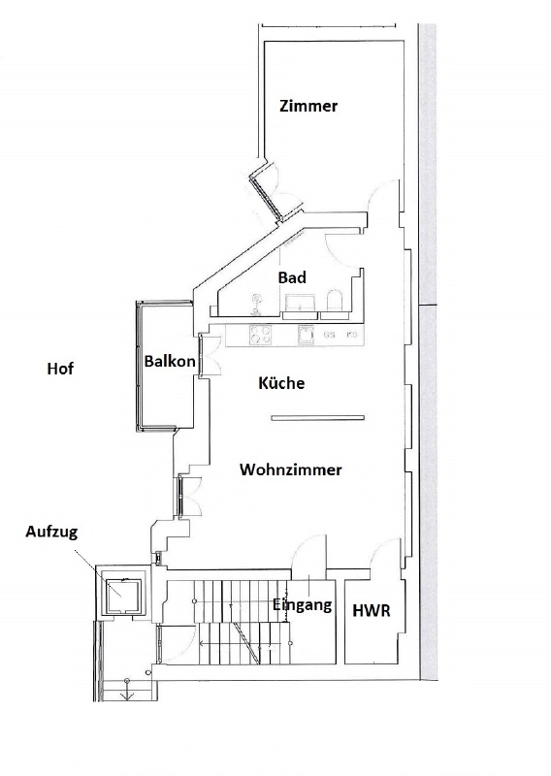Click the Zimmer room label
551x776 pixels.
308,106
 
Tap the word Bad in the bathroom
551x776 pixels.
292,277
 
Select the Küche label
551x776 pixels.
281,382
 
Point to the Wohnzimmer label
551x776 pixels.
291,469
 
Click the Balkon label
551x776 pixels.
170,361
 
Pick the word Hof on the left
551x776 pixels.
60,369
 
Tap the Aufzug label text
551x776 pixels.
51,533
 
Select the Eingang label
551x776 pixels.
302,604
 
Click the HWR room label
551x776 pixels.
372,611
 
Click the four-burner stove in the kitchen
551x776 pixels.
260,335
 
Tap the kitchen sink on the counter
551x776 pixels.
306,335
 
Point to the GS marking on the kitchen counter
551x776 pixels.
329,335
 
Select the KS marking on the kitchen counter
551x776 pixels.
352,335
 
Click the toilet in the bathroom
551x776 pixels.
335,301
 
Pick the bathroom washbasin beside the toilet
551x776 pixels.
301,303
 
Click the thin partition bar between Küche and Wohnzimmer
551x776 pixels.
318,418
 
